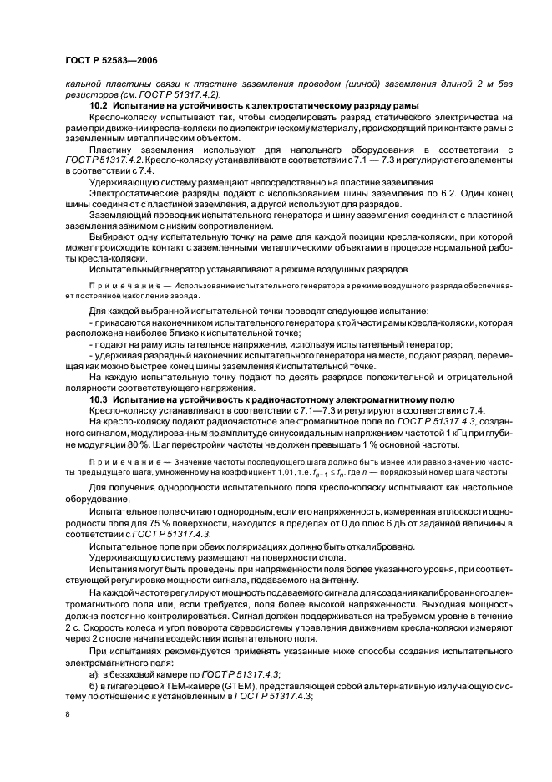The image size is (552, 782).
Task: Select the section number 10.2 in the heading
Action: [x=101, y=105]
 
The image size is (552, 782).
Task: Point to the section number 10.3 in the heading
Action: [x=101, y=400]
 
